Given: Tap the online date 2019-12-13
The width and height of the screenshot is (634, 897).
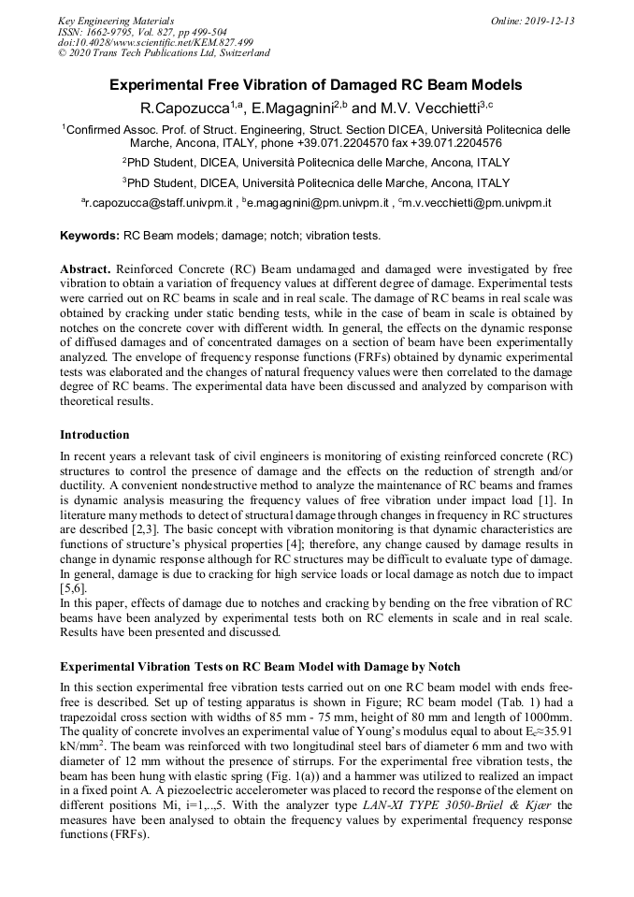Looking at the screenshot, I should point(533,21).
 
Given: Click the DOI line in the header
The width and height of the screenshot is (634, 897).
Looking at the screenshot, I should point(155,42).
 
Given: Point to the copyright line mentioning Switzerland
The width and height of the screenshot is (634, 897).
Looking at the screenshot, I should point(164,53).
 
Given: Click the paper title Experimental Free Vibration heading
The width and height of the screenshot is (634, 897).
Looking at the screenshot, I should point(316,85).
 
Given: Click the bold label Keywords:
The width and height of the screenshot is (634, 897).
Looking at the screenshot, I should point(90,235).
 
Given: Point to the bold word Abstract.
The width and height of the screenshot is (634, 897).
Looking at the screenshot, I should point(86,268).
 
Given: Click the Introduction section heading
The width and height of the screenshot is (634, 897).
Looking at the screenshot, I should point(94,435).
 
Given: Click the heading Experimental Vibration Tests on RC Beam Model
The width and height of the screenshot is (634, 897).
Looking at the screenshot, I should point(259,667).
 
